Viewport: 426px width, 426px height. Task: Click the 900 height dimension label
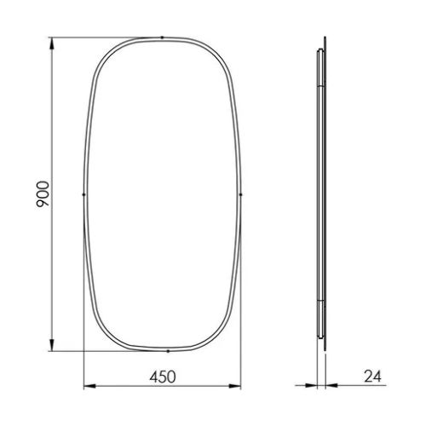click(43, 194)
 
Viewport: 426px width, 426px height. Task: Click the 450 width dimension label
click(163, 377)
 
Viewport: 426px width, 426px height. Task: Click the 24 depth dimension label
click(372, 377)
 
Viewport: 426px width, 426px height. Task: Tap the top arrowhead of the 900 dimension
click(51, 43)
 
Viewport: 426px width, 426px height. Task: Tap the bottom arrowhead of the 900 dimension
click(51, 345)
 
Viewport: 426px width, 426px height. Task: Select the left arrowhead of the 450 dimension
click(89, 386)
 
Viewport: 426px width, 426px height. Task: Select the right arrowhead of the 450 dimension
click(235, 386)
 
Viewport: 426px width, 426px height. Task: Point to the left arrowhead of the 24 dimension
click(312, 385)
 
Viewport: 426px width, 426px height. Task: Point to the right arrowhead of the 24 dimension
click(331, 385)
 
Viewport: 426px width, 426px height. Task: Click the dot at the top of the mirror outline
click(162, 37)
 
